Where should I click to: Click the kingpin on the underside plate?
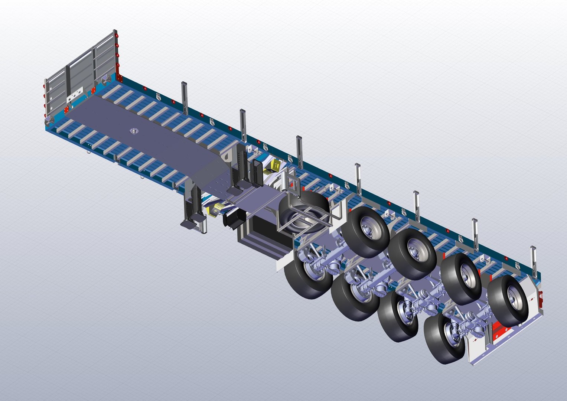[x=133, y=130]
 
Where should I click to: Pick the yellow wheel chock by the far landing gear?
[x=276, y=165]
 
